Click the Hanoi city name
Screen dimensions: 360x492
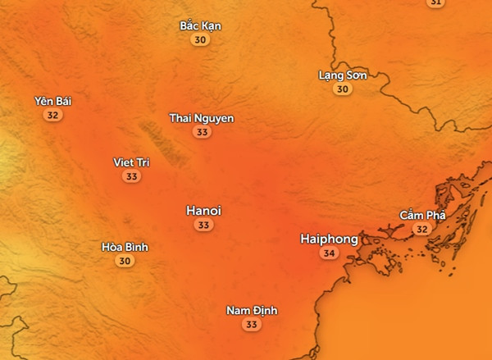[204, 211]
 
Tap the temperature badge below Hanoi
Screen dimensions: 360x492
[204, 226]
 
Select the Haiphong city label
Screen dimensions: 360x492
[329, 239]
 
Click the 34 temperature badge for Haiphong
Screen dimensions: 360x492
[329, 254]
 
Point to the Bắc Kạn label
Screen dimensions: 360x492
[200, 25]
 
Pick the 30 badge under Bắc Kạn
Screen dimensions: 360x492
[200, 39]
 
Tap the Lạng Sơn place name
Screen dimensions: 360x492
[342, 75]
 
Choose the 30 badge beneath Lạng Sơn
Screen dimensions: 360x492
[342, 89]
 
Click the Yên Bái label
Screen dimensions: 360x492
[53, 101]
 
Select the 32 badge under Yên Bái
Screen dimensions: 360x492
[53, 116]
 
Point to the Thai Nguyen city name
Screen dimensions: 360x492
[201, 118]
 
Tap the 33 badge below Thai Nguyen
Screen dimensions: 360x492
[201, 132]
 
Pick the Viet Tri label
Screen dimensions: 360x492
[131, 162]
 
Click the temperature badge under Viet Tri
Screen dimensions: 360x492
[131, 176]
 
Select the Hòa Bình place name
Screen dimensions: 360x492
[125, 247]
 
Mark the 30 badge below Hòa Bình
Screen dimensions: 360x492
[125, 262]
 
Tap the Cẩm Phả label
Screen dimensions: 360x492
[422, 215]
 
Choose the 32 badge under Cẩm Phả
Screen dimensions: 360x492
[422, 230]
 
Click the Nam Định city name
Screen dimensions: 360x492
[252, 311]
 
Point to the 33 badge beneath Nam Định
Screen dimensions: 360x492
[252, 325]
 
